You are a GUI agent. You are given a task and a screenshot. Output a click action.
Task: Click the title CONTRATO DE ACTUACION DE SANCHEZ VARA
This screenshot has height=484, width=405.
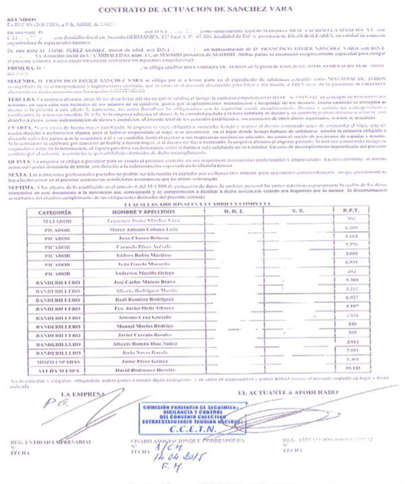coord(202,10)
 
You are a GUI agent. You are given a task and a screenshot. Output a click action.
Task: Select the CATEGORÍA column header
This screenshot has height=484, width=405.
coord(61,211)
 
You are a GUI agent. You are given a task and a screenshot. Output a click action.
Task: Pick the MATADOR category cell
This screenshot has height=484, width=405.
coord(61,220)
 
